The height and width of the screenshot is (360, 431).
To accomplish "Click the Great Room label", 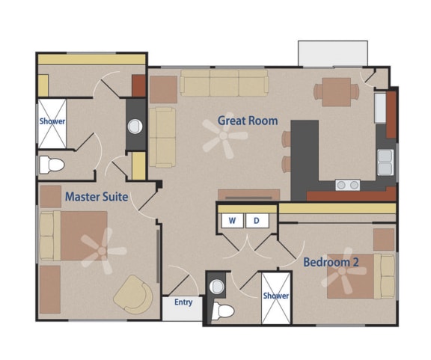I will tap(247, 120).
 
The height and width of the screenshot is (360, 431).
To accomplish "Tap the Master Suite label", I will tap(96, 197).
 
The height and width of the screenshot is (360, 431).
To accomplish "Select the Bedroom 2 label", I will tap(331, 262).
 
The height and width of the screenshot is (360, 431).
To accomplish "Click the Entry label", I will tap(183, 302).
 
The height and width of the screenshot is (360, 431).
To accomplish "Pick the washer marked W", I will tap(232, 221).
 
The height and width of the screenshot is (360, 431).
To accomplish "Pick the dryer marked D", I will tap(256, 221).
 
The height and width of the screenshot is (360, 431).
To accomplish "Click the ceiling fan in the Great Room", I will tap(225, 138).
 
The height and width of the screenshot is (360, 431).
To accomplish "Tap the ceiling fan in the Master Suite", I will tap(100, 250).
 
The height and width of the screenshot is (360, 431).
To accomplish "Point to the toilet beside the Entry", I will tap(223, 311).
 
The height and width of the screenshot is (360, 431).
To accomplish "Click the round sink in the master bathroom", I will tap(135, 126).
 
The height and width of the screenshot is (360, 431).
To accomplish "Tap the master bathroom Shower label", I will tap(52, 121).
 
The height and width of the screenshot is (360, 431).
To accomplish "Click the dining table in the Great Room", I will tap(335, 91).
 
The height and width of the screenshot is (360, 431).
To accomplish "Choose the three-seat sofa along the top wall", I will tap(224, 83).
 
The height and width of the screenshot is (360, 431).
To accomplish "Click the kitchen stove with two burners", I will tap(346, 184).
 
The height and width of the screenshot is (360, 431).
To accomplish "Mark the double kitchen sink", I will tap(385, 162).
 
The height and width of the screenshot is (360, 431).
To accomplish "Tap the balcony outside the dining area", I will tap(332, 53).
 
